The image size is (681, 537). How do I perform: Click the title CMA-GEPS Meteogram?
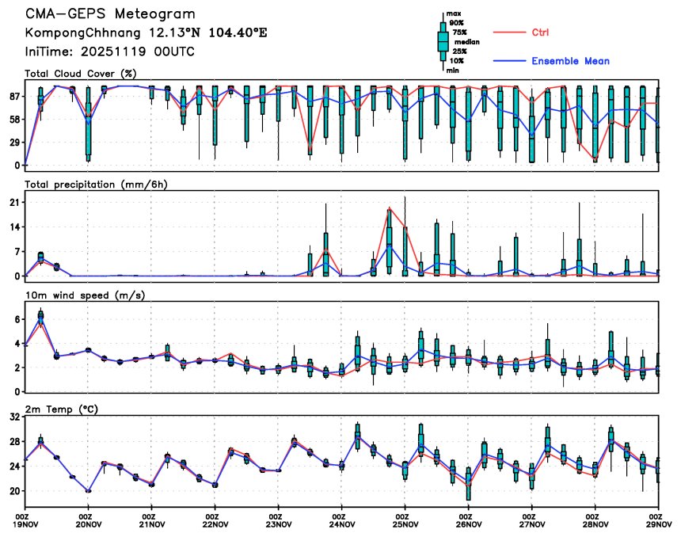tap(110, 15)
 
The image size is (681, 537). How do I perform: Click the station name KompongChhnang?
tap(76, 33)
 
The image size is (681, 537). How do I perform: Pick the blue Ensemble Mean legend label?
tap(570, 61)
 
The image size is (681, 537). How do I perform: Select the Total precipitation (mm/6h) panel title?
tap(97, 184)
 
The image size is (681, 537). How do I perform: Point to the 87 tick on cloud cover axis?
tap(14, 96)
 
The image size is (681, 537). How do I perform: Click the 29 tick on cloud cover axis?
tap(14, 142)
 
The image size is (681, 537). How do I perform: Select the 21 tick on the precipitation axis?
tap(14, 203)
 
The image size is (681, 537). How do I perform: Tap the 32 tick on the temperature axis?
tap(14, 417)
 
